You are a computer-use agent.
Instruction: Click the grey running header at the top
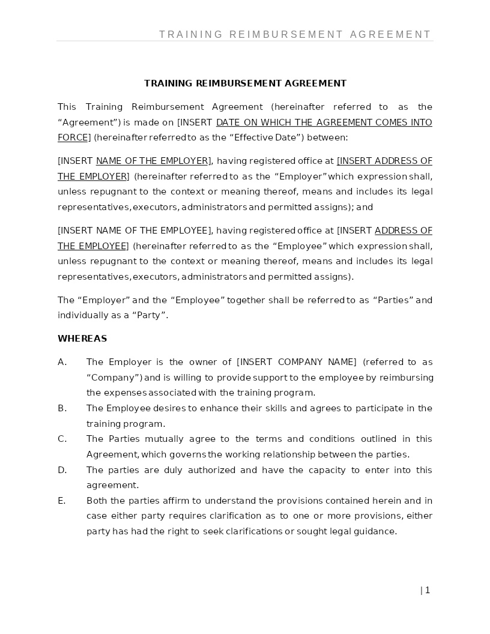pos(295,34)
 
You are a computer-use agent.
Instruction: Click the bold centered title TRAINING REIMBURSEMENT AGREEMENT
pos(245,83)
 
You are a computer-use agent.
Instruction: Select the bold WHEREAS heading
pos(82,339)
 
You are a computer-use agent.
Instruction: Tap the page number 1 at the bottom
pos(427,590)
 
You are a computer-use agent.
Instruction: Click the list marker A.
pos(62,362)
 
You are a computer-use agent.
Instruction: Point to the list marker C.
pos(62,439)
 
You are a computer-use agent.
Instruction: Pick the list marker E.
pos(61,501)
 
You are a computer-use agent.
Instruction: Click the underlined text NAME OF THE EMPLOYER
pos(153,161)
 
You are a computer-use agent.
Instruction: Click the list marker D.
pos(62,470)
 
